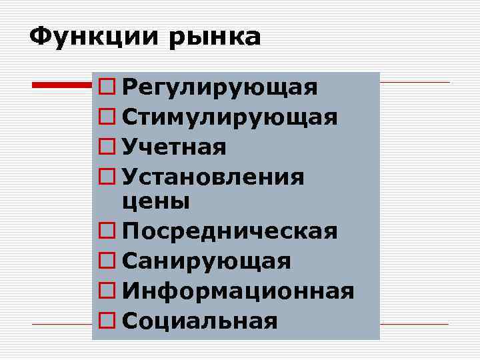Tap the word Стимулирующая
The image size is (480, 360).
pos(230,118)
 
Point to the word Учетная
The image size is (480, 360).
pos(175,147)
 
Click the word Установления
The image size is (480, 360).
pos(213,177)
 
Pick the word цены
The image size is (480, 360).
pos(157,200)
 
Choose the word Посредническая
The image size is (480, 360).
pos(230,231)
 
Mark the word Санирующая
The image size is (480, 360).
pos(207,261)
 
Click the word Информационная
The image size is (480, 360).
pos(238,291)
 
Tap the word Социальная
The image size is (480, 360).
pos(200,321)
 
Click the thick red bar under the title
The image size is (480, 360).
pos(63,85)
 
